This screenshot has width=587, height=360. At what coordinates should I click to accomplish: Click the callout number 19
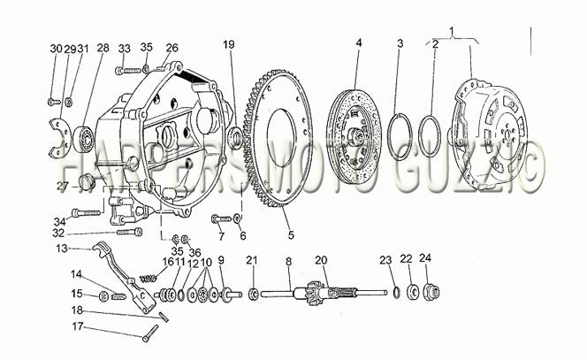tap(229, 44)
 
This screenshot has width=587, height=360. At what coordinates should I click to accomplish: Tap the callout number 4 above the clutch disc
tap(359, 42)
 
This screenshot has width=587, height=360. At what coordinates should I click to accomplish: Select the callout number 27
tap(63, 186)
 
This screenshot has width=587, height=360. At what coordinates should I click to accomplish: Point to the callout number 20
tap(321, 259)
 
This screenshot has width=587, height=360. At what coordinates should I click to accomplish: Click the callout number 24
tap(425, 257)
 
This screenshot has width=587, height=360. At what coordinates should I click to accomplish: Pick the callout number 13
tap(62, 248)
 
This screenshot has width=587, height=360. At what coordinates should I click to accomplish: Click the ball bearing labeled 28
tap(82, 140)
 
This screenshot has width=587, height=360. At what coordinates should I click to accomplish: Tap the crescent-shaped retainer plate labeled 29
tap(59, 138)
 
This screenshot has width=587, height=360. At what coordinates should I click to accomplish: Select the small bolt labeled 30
tap(54, 102)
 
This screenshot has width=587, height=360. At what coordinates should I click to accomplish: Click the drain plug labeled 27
tap(86, 181)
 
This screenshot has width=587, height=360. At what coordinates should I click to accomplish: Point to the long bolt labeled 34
tap(87, 213)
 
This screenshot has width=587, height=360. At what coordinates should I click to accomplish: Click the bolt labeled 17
tap(150, 333)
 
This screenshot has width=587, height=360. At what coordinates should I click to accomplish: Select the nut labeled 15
tap(103, 296)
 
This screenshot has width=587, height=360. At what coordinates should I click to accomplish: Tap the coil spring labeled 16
tap(148, 279)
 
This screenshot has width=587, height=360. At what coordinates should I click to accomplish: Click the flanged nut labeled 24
tap(431, 292)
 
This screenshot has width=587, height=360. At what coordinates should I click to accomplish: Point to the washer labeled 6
tap(237, 218)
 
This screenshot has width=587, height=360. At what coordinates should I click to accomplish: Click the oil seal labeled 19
tap(236, 137)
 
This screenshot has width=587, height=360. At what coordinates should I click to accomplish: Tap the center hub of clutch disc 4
tap(354, 137)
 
